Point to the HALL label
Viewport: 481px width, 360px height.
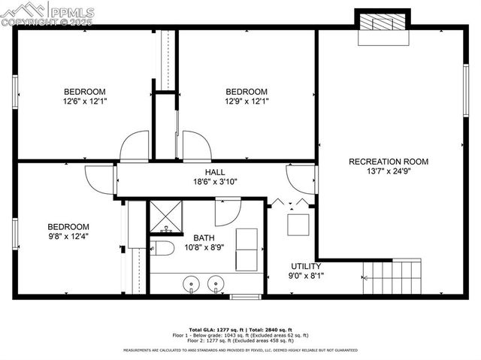[204, 172]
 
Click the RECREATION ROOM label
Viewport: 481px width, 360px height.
[389, 162]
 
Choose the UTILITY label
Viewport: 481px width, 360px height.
[306, 266]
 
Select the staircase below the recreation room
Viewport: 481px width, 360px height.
[392, 276]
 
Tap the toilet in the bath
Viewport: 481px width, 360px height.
[160, 249]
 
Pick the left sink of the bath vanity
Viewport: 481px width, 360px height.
[192, 284]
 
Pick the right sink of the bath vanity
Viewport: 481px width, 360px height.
[216, 284]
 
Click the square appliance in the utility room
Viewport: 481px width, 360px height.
[299, 224]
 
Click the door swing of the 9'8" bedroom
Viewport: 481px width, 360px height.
[98, 178]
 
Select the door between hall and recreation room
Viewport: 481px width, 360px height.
[301, 179]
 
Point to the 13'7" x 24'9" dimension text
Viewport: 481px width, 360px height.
[389, 171]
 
